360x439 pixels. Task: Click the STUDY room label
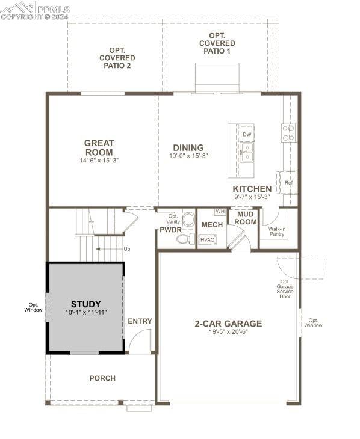click(86, 304)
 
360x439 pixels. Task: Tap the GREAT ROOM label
click(99, 147)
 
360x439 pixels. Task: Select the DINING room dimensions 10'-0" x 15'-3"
click(188, 156)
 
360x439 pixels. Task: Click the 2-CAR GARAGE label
click(229, 324)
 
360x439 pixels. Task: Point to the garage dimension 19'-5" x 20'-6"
click(229, 332)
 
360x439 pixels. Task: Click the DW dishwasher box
click(247, 134)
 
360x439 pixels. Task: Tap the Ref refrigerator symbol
click(288, 183)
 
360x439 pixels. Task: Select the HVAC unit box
click(208, 240)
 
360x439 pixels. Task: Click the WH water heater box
click(220, 211)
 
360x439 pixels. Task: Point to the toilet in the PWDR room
click(185, 239)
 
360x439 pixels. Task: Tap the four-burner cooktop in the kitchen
click(288, 133)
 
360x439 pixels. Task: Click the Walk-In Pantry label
click(277, 232)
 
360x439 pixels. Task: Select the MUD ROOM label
click(246, 218)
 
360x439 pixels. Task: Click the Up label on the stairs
click(127, 249)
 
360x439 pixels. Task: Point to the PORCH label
click(102, 378)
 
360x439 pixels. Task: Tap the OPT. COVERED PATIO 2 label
click(117, 58)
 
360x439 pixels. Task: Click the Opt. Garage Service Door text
click(285, 289)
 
